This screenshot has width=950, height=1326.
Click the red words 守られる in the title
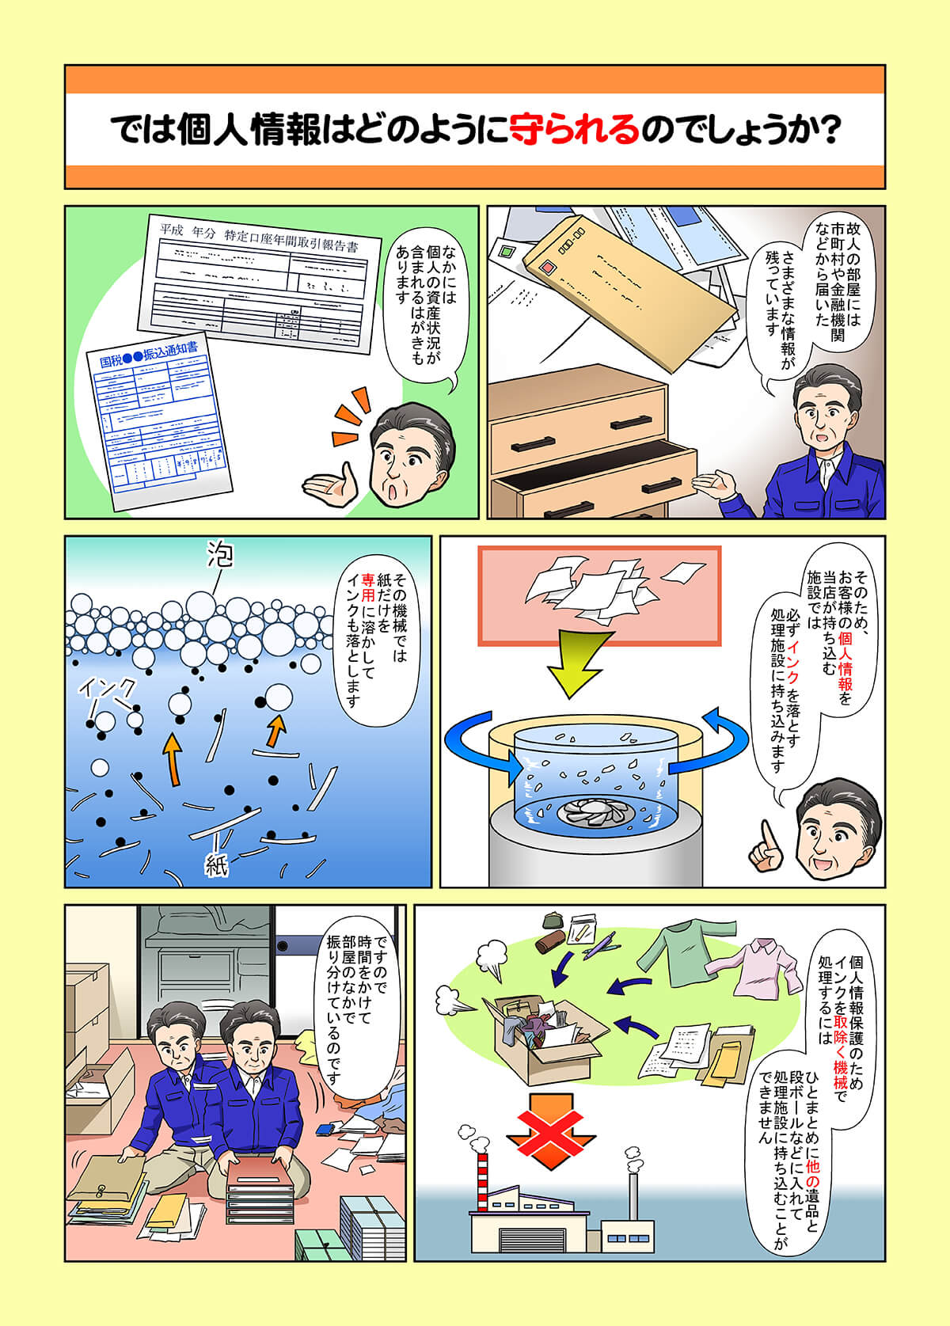[x=573, y=128]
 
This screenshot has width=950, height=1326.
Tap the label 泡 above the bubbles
[x=219, y=556]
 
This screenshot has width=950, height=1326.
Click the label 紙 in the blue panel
[x=216, y=864]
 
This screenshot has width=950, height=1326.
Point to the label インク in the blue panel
[x=108, y=689]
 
